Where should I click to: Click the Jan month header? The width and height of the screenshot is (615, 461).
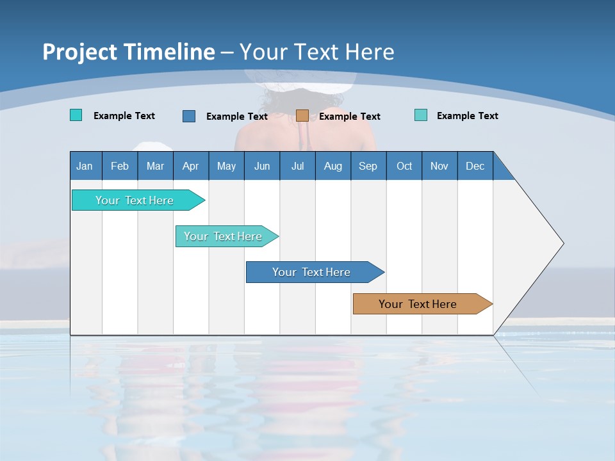click(85, 166)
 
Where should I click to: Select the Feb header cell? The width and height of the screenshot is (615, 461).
click(120, 166)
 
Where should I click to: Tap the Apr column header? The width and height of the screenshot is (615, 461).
click(190, 166)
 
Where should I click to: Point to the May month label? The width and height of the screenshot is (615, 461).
click(226, 166)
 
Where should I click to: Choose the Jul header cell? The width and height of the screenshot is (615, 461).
click(297, 166)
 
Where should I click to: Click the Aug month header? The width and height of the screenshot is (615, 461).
click(332, 166)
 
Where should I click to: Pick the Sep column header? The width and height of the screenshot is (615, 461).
click(368, 166)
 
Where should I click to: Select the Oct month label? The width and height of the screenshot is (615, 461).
click(404, 166)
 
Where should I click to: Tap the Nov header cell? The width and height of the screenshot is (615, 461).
click(439, 166)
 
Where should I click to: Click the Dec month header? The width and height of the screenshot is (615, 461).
click(475, 166)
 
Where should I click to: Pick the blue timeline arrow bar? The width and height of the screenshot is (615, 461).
click(313, 272)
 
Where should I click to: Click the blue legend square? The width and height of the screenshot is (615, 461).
click(189, 116)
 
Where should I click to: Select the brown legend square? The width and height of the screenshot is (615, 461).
click(302, 116)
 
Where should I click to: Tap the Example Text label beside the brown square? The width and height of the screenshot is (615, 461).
click(349, 117)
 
